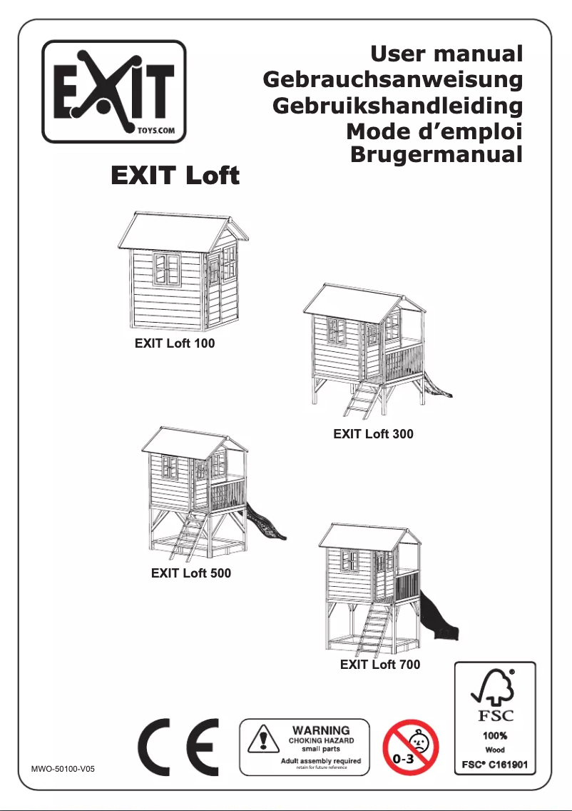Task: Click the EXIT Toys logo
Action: [x=114, y=91]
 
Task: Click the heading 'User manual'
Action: [x=446, y=54]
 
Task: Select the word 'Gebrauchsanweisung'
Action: [x=393, y=79]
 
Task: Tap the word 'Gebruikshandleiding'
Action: [x=398, y=106]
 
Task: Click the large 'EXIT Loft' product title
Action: [x=173, y=176]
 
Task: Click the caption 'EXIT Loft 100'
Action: [x=175, y=343]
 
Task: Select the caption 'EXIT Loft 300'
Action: [x=373, y=433]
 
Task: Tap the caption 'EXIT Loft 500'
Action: [x=191, y=573]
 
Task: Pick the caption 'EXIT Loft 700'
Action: [x=380, y=665]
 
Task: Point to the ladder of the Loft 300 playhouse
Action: [x=363, y=400]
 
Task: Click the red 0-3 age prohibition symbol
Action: [x=411, y=747]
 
